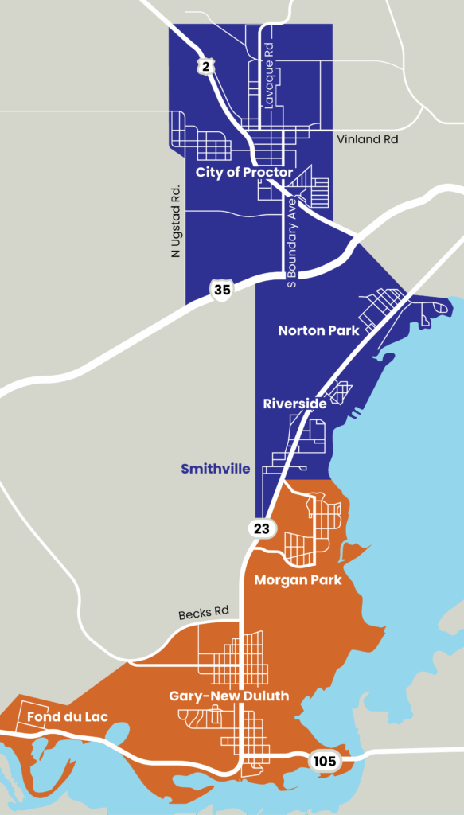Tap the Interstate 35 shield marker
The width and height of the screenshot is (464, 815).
pos(222,290)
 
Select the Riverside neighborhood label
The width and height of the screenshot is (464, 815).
pos(294,404)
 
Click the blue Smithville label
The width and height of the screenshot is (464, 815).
pos(215,469)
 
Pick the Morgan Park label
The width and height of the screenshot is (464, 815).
pos(298,579)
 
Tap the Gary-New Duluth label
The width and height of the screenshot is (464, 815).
pos(229,696)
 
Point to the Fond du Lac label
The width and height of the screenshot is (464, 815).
pos(67,717)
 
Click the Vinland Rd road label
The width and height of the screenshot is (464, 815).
pos(367,139)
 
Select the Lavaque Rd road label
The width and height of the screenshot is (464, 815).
pos(270,83)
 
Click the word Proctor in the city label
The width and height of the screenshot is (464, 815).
pos(268,172)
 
